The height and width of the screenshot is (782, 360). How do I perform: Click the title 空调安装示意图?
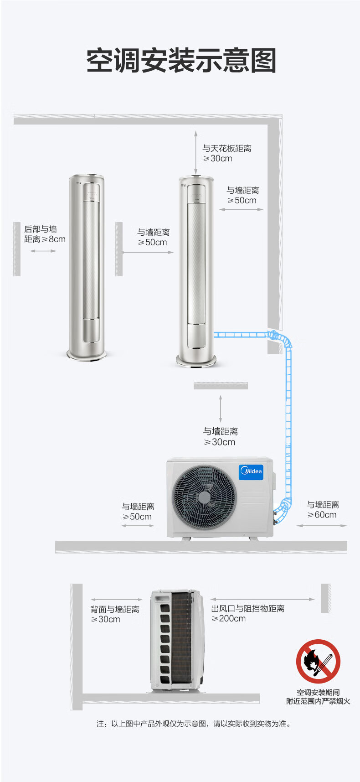click(181, 61)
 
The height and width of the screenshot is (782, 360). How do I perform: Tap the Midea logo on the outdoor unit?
click(251, 471)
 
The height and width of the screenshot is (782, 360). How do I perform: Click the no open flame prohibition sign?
click(318, 661)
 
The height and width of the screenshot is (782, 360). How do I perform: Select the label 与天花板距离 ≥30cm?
click(226, 154)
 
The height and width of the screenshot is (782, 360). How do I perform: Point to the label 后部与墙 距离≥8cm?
click(45, 234)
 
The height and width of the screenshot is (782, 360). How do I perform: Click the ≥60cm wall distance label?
click(323, 510)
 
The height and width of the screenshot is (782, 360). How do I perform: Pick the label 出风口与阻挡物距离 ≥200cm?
click(247, 614)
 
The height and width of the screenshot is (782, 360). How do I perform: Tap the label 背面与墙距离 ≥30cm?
click(114, 614)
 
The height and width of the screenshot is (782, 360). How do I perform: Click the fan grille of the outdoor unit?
click(204, 497)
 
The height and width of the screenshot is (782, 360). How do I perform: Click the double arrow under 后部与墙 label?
click(43, 251)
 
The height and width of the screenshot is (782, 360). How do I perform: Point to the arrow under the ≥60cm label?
click(322, 526)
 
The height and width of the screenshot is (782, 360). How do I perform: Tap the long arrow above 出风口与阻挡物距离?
click(262, 599)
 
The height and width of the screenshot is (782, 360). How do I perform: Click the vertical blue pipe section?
click(288, 419)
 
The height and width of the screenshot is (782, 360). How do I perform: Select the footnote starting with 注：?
click(193, 724)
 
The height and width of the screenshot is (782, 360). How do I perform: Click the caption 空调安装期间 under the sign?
click(318, 692)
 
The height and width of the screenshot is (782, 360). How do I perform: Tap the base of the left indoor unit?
click(87, 354)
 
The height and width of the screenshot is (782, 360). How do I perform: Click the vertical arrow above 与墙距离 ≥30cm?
click(221, 409)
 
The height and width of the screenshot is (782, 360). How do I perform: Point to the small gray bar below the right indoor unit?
click(221, 386)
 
